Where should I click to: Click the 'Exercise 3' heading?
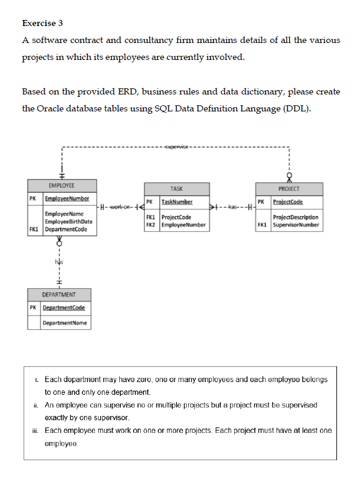click(42, 24)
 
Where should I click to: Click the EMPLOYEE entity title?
click(62, 186)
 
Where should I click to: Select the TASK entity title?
click(177, 189)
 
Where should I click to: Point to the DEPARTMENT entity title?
click(59, 294)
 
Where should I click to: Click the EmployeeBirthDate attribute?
click(68, 222)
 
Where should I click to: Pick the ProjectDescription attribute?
click(296, 217)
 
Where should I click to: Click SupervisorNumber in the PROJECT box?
click(296, 225)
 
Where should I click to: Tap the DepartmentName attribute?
click(64, 323)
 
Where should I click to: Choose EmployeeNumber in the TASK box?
click(184, 225)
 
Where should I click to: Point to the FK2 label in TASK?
click(151, 225)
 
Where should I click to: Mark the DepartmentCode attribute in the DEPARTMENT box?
click(64, 308)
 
